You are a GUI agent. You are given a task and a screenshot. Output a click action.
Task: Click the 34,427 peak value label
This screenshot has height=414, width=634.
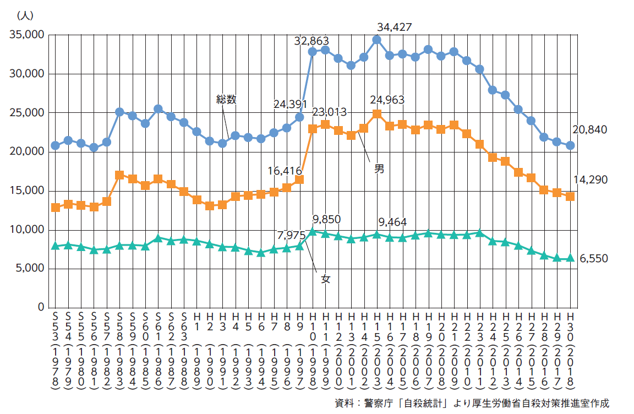pos(395,27)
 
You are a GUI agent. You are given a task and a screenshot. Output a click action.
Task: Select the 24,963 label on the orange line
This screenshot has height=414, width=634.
pos(387,100)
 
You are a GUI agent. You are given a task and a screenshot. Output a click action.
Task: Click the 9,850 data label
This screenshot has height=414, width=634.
pos(326,220)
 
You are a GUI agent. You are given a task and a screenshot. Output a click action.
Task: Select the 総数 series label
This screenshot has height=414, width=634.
pos(226,100)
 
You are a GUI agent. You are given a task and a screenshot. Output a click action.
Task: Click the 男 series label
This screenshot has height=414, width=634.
pos(379,169)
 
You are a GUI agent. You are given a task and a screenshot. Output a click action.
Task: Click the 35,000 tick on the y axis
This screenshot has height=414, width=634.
pos(27,35)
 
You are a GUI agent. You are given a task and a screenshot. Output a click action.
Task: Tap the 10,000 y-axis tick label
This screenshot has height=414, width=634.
pos(27,230)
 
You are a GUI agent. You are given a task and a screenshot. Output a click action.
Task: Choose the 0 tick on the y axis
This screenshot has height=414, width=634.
pos(41,307)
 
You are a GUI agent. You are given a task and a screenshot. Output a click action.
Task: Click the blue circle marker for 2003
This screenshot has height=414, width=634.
pos(376,40)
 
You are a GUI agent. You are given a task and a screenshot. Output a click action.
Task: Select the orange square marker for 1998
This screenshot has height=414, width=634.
pos(313,128)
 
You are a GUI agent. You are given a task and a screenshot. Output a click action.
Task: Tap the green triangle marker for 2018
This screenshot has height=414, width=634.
pos(570,258)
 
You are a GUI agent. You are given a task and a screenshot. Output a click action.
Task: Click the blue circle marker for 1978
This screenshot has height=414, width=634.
pos(55,145)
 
